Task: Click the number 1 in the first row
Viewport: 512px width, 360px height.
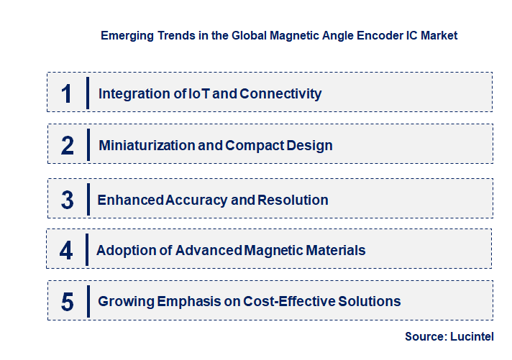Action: click(67, 93)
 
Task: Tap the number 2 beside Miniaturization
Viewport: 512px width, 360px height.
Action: click(68, 145)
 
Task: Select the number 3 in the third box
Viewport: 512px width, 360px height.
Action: click(68, 200)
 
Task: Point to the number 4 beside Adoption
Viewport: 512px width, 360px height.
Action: click(67, 250)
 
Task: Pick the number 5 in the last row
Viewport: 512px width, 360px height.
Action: click(68, 301)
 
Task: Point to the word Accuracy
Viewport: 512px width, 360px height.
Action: click(196, 200)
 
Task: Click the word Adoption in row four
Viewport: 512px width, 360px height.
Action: click(123, 250)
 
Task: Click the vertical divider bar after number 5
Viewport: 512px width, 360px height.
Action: click(87, 300)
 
